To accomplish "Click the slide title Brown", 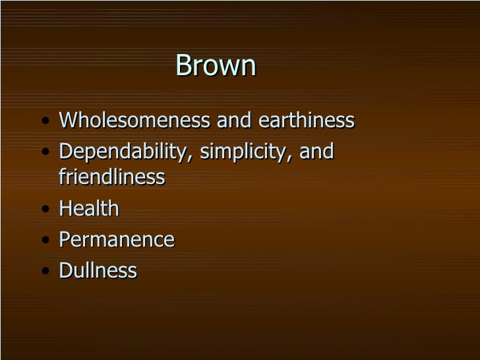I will pos(216,66).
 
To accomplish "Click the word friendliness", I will pos(111,177).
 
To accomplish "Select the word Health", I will pos(89,208).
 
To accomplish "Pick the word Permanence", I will pos(117,239).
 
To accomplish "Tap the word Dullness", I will pos(98,270).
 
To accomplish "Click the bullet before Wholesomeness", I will pos(44,122).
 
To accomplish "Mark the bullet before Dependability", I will pos(44,153).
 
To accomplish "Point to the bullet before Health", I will pos(44,210).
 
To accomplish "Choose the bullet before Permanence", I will pos(44,241).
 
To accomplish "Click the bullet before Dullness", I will pos(44,272).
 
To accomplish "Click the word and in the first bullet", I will pos(235,121).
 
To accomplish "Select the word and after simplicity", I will pos(316,152).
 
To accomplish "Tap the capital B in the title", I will pos(183,66).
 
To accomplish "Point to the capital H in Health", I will pos(65,208).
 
